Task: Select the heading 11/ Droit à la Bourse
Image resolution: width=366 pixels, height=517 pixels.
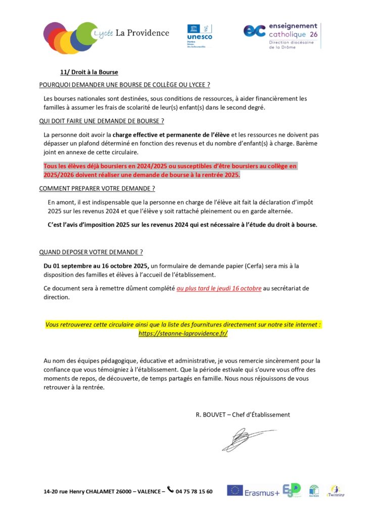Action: click(89, 72)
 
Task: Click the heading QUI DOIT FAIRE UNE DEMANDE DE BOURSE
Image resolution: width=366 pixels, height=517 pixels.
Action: click(102, 121)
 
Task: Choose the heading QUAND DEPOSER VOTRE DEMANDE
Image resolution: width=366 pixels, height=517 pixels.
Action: click(91, 251)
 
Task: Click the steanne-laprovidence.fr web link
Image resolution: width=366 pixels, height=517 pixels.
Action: click(183, 334)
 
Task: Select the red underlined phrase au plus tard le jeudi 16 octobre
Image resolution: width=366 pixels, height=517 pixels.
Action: click(219, 288)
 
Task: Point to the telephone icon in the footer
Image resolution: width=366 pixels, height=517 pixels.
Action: click(170, 489)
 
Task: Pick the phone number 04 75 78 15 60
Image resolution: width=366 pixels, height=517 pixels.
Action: click(194, 491)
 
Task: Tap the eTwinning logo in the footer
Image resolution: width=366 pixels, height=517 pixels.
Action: click(336, 491)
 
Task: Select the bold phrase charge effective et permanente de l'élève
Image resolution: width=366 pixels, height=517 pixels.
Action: click(171, 135)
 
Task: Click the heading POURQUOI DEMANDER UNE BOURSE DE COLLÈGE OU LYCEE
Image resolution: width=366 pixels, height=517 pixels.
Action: click(124, 85)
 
